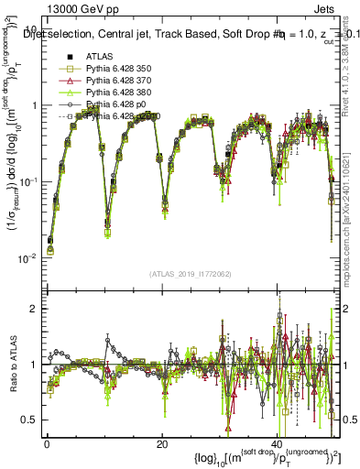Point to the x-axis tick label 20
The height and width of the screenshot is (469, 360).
pos(161,442)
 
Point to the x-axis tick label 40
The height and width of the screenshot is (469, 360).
pos(277,442)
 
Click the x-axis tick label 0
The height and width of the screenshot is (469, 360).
pos(47,442)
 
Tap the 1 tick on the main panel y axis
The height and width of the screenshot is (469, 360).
pos(34,105)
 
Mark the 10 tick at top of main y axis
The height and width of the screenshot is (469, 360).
pos(31,28)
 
